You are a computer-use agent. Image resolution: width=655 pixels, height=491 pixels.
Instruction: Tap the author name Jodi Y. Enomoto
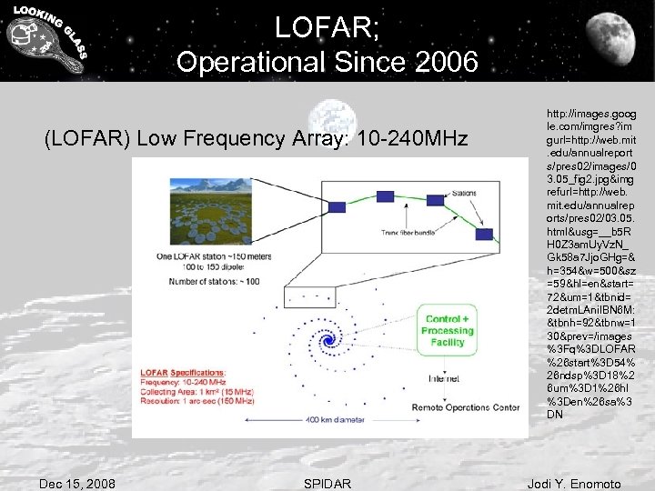[x=574, y=483]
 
